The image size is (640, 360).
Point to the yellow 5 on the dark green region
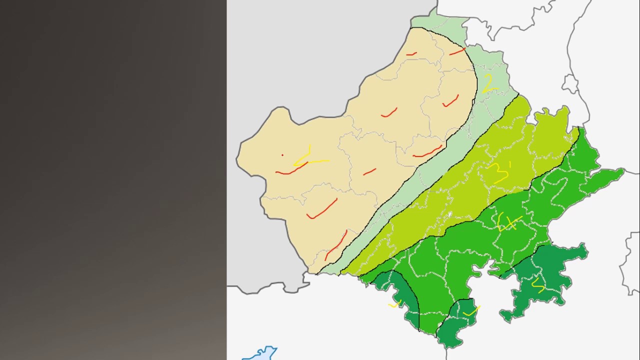pyautogui.click(x=538, y=285)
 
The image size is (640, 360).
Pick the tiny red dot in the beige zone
pyautogui.click(x=282, y=155)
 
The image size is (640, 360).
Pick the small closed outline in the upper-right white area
pyautogui.click(x=570, y=84)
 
